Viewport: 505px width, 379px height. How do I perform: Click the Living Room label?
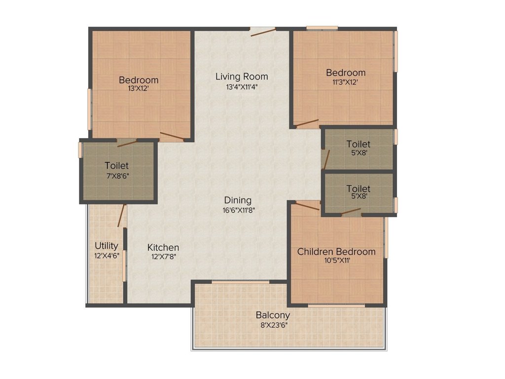tap(242, 76)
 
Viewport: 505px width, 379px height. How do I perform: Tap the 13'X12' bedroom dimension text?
tap(139, 89)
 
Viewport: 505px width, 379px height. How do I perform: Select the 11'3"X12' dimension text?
tap(345, 82)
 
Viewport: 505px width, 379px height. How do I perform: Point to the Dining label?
tap(238, 200)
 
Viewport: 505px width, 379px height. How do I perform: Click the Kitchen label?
tap(163, 247)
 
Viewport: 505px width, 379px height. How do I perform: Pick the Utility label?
tap(107, 246)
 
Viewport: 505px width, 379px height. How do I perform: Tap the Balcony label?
tap(272, 315)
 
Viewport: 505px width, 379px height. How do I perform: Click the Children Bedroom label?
tap(336, 252)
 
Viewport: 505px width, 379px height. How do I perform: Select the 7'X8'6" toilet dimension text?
tap(116, 176)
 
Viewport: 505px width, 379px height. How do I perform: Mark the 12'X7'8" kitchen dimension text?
tap(163, 257)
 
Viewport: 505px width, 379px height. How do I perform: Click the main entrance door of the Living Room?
tap(262, 32)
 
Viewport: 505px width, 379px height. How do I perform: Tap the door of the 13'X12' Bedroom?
tap(172, 136)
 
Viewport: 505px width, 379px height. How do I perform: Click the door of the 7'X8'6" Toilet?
tap(127, 143)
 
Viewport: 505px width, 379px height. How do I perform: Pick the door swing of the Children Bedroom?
tap(307, 206)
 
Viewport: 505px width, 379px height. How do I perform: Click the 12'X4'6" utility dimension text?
tap(107, 255)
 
